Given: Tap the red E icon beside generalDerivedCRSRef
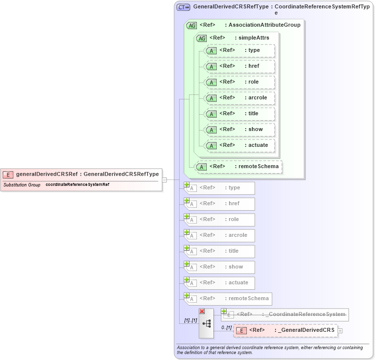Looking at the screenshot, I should tap(8, 175).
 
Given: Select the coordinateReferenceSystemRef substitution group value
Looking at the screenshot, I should tap(78, 184).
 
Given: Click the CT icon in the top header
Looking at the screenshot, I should tap(184, 7).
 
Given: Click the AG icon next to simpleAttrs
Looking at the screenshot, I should tap(201, 38).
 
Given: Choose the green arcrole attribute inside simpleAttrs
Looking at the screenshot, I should tap(240, 98).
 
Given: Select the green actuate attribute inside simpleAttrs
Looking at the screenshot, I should tap(240, 145).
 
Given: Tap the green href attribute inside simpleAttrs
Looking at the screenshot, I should tap(240, 66).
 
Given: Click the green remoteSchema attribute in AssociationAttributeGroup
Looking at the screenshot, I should tap(239, 167).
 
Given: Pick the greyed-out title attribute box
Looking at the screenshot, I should tap(220, 251).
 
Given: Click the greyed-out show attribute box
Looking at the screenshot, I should tap(220, 267).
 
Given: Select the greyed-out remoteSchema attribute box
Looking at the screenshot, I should tap(228, 299).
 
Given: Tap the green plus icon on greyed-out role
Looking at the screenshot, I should tap(187, 216).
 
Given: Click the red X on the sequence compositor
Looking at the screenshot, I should tap(202, 311).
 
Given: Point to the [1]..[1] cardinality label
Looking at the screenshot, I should tap(190, 320).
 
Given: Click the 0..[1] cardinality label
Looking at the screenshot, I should tap(226, 327).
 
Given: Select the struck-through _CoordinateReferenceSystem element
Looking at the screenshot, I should tap(284, 315).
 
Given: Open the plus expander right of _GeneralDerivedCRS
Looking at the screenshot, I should tap(340, 330).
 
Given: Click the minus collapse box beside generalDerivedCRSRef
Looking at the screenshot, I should tap(164, 180).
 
